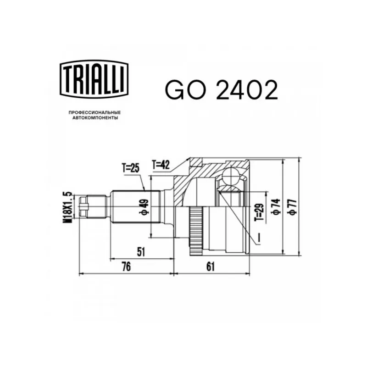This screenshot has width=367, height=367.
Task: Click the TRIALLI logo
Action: tap(95, 79)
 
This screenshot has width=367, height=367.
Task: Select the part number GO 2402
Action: tap(222, 90)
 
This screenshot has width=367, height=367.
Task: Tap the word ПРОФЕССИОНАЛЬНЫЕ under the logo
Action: tap(95, 113)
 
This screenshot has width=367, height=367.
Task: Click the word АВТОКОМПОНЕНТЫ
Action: tap(95, 118)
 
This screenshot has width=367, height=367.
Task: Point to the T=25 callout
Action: tap(131, 168)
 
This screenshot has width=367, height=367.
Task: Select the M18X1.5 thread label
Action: tap(67, 207)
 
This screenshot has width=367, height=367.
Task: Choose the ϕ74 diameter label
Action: tap(277, 207)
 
